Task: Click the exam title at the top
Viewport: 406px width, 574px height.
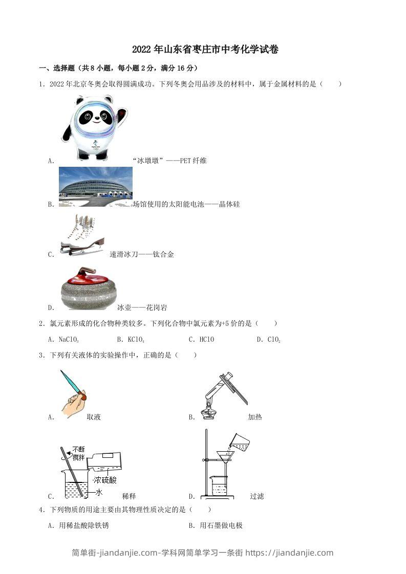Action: pos(205,50)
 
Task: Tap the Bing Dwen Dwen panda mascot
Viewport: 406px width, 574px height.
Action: pos(95,127)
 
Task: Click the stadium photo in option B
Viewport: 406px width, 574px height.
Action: pos(95,186)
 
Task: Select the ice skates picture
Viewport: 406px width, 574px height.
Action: pos(82,234)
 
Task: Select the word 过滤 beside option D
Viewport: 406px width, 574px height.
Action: pos(257,496)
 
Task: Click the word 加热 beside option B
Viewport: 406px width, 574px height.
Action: pos(254,417)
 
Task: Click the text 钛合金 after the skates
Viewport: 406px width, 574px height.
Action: pos(163,254)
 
